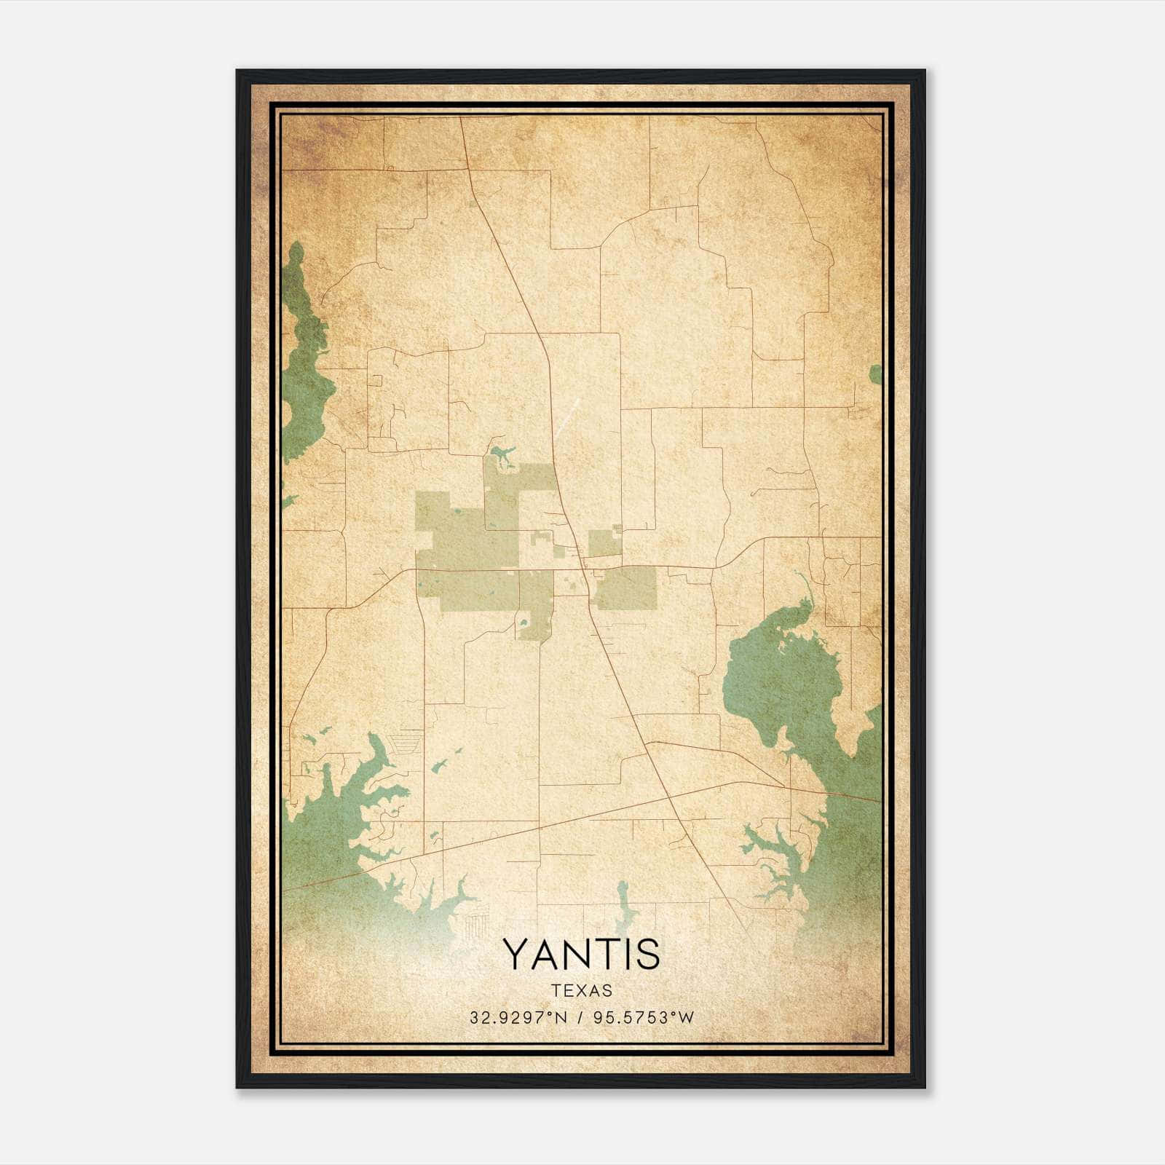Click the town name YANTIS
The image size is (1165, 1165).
(581, 955)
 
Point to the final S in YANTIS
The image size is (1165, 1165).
(647, 955)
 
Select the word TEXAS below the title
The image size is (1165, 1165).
(581, 991)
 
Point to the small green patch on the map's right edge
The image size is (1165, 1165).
(875, 374)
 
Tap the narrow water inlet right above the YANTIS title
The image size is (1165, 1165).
(623, 907)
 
